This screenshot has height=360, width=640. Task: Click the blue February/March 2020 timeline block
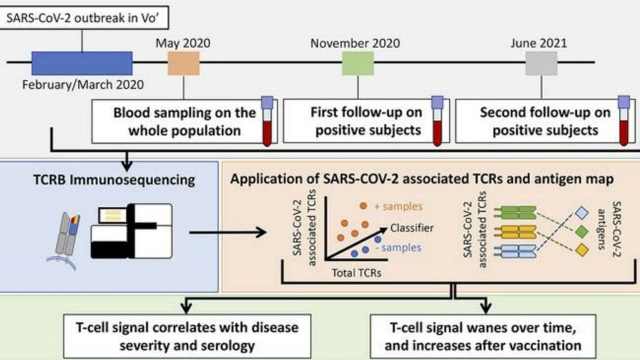tap(82, 63)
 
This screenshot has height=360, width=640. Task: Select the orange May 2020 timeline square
tap(184, 63)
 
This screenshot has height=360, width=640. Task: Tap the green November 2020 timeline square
tap(358, 63)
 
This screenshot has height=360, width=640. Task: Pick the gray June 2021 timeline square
tap(541, 63)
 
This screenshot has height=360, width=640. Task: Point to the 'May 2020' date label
tap(183, 43)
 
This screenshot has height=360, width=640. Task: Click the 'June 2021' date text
tap(539, 43)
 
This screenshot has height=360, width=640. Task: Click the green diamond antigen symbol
tap(582, 232)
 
